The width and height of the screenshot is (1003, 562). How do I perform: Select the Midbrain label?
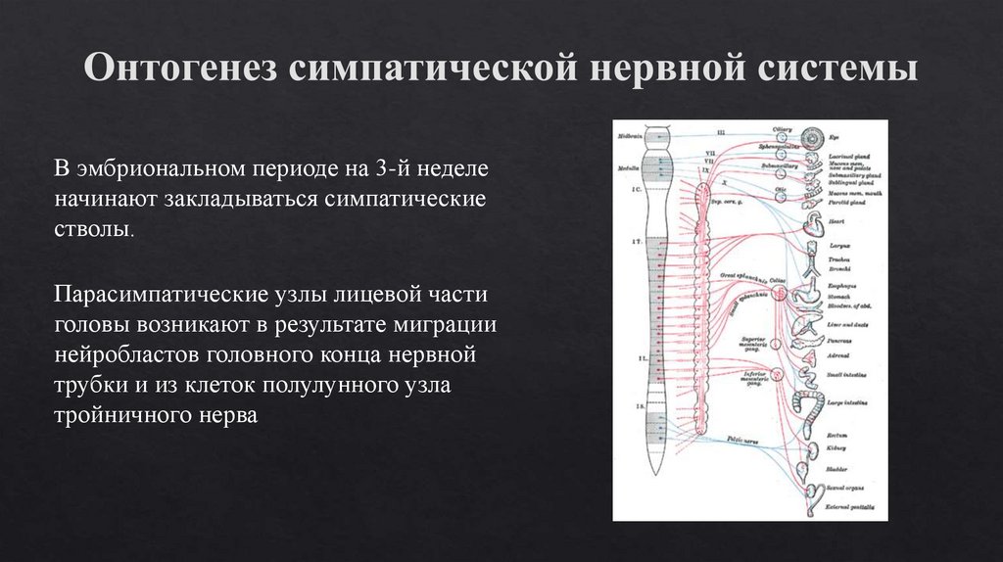[627, 135]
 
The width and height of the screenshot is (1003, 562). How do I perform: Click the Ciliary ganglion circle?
[781, 136]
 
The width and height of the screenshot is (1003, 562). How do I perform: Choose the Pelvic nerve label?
[744, 441]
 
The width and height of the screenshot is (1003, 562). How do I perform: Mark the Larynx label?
[837, 245]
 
